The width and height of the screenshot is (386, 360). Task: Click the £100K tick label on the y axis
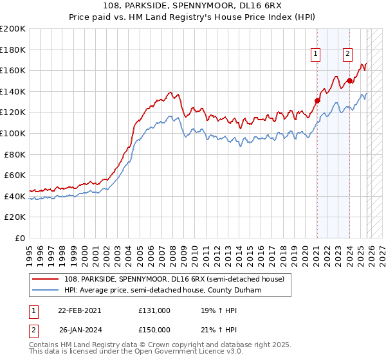point(13,133)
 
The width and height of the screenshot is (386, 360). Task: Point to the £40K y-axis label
point(15,196)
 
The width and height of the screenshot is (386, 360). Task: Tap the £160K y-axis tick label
point(13,70)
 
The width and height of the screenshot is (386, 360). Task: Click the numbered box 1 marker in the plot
point(317,55)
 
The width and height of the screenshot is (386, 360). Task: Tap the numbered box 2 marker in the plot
point(347,55)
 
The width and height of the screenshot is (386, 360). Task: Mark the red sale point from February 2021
point(317,100)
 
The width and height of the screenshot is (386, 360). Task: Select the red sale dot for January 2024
point(349,80)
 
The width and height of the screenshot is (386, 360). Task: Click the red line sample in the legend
point(45,278)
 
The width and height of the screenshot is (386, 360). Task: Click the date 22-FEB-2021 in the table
point(79,310)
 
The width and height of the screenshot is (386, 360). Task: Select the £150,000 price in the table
point(154,329)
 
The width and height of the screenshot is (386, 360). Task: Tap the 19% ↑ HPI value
point(210,310)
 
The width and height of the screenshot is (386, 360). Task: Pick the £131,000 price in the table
point(154,310)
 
